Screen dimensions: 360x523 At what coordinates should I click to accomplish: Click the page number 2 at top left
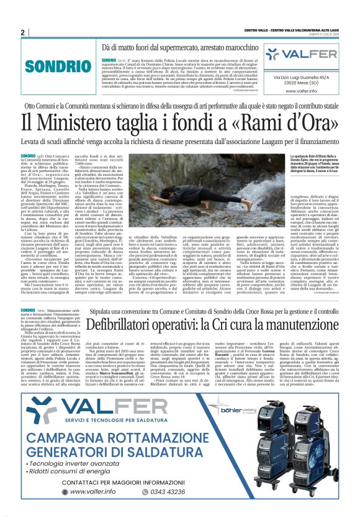point(22,32)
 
